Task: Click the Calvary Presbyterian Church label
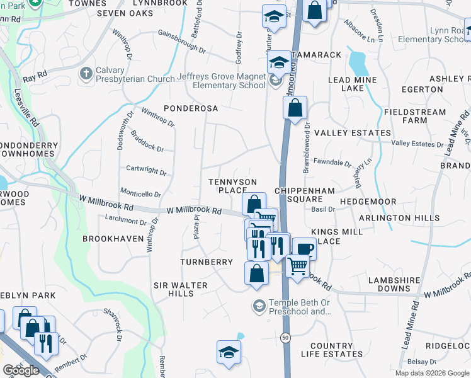[135, 74]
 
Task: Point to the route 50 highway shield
[286, 338]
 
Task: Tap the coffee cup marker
[305, 248]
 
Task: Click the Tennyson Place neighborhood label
[232, 186]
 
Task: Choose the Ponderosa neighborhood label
[191, 108]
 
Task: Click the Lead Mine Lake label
[352, 84]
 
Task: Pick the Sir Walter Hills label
[181, 290]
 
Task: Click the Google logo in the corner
[21, 370]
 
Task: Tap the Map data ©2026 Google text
[432, 373]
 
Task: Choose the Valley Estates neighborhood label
[353, 133]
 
